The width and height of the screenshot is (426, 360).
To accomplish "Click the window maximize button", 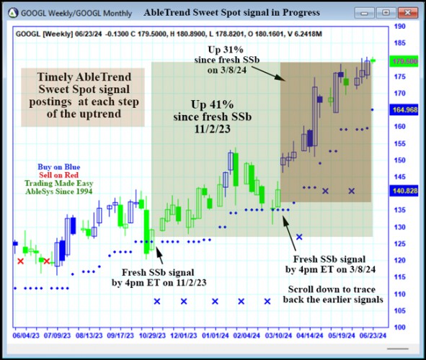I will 386,13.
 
